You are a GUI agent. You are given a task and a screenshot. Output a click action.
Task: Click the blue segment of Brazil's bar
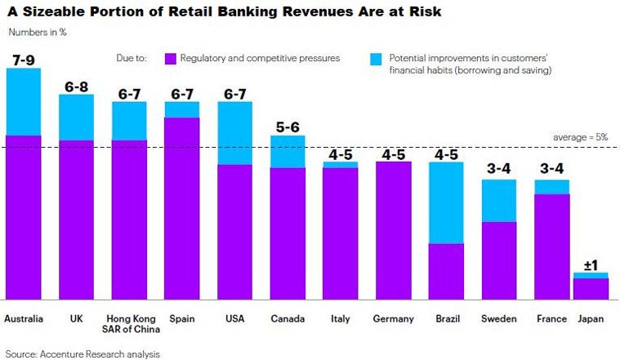click(446, 202)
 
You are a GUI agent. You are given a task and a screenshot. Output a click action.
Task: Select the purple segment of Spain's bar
click(182, 208)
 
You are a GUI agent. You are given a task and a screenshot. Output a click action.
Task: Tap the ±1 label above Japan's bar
click(591, 264)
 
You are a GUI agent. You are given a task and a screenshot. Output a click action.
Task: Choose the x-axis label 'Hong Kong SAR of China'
click(129, 324)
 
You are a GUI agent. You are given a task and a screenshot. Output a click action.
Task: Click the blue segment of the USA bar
click(234, 133)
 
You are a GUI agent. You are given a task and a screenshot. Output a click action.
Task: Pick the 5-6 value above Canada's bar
click(288, 127)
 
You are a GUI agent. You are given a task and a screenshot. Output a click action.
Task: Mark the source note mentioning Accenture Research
click(82, 353)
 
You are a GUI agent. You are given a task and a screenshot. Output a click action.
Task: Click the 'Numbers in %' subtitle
click(38, 32)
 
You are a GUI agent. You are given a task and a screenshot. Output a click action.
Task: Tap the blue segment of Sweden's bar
click(498, 200)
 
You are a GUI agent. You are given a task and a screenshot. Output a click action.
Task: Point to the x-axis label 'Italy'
click(340, 318)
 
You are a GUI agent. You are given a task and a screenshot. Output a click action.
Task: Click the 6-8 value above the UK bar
click(77, 86)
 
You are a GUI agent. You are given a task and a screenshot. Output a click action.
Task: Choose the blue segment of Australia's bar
click(24, 101)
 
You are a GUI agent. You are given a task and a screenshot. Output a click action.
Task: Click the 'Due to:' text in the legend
click(131, 59)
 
